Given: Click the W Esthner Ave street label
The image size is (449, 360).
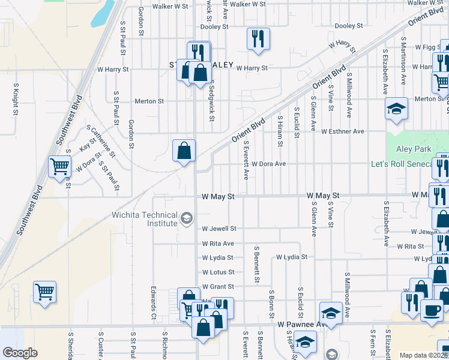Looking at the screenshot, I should click(x=343, y=131).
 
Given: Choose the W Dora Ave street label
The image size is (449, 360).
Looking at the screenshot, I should click(x=268, y=163).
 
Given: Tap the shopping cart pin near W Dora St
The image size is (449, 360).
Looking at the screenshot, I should click(x=59, y=166).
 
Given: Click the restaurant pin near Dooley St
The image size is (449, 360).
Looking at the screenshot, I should click(x=258, y=38).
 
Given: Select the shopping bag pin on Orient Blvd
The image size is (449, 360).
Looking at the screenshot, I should click(x=184, y=150).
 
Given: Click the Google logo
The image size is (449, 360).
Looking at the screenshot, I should click(x=20, y=353).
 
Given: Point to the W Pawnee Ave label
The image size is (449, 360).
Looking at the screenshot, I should click(x=301, y=324).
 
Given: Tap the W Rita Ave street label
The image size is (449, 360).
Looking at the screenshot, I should click(x=218, y=244).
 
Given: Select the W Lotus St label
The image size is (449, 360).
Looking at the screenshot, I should click(x=218, y=272).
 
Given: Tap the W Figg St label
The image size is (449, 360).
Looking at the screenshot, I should click(x=427, y=46).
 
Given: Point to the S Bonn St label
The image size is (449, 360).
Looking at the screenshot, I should click(x=272, y=307).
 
